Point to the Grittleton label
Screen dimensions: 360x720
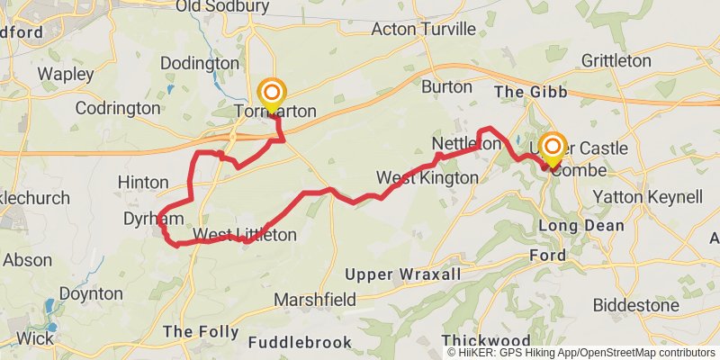(616, 61)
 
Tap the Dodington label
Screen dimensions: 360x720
(200, 63)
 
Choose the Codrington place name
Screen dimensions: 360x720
(118, 108)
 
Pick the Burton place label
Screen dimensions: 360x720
(446, 87)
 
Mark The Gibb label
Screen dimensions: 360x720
(527, 92)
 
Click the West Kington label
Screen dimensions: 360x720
(427, 178)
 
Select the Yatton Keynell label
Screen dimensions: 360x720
(647, 197)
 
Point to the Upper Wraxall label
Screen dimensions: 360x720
(404, 274)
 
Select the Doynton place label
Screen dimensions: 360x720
(91, 293)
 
